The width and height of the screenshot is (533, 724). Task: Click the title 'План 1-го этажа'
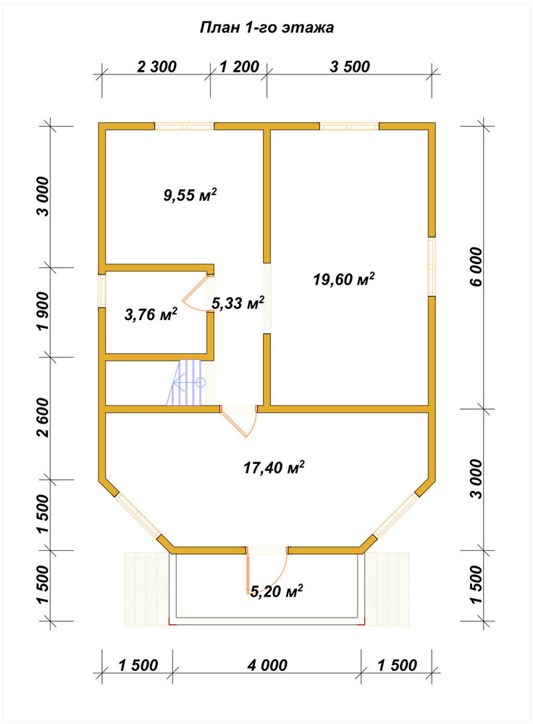(266, 28)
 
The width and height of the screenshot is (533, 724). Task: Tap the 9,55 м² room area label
(190, 195)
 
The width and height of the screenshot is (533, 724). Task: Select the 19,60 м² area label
(344, 279)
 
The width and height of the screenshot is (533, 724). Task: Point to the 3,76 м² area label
(151, 315)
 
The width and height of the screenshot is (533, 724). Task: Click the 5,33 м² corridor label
(238, 303)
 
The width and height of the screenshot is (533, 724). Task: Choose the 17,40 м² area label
(274, 467)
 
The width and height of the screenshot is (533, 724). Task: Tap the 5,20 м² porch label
(276, 591)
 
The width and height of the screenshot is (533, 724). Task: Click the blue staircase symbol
(186, 383)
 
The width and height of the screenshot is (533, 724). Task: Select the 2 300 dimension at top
(156, 67)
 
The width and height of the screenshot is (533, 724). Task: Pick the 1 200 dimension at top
(239, 67)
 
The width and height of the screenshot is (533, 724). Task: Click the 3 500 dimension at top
(350, 67)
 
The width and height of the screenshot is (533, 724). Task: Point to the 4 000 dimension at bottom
(267, 665)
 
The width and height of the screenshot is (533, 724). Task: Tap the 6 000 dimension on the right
(476, 266)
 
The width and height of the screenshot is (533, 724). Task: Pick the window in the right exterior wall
(432, 266)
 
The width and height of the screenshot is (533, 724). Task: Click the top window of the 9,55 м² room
(184, 127)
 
